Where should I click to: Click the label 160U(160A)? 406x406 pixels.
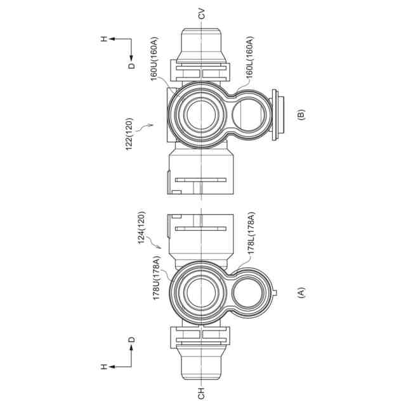point(154,59)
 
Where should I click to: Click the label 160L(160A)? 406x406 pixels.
point(249,57)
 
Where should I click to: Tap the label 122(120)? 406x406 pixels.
point(129,134)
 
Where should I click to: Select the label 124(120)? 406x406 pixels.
point(141,228)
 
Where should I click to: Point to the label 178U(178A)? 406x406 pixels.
point(157,278)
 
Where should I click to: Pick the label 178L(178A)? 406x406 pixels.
point(251,233)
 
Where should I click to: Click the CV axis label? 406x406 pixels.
point(201,14)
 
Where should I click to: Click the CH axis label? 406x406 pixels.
point(201,393)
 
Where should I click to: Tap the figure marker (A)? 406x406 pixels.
point(301,293)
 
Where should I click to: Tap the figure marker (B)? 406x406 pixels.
point(301,115)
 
